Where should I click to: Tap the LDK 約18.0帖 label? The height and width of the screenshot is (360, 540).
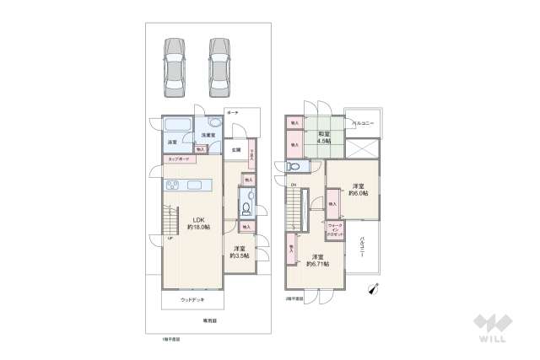198,223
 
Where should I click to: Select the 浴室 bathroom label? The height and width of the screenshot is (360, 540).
171,141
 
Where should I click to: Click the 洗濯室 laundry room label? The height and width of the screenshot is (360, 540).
208,135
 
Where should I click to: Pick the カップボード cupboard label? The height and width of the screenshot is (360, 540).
178,159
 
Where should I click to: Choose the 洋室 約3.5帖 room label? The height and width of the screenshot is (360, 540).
240,251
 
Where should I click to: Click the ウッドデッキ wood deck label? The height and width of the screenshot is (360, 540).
192,299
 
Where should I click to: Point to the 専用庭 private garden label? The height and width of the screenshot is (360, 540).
208,320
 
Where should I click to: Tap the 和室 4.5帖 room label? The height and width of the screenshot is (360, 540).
324,137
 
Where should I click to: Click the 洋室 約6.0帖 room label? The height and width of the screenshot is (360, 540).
358,189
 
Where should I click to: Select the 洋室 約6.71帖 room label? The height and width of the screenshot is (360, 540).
318,260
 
